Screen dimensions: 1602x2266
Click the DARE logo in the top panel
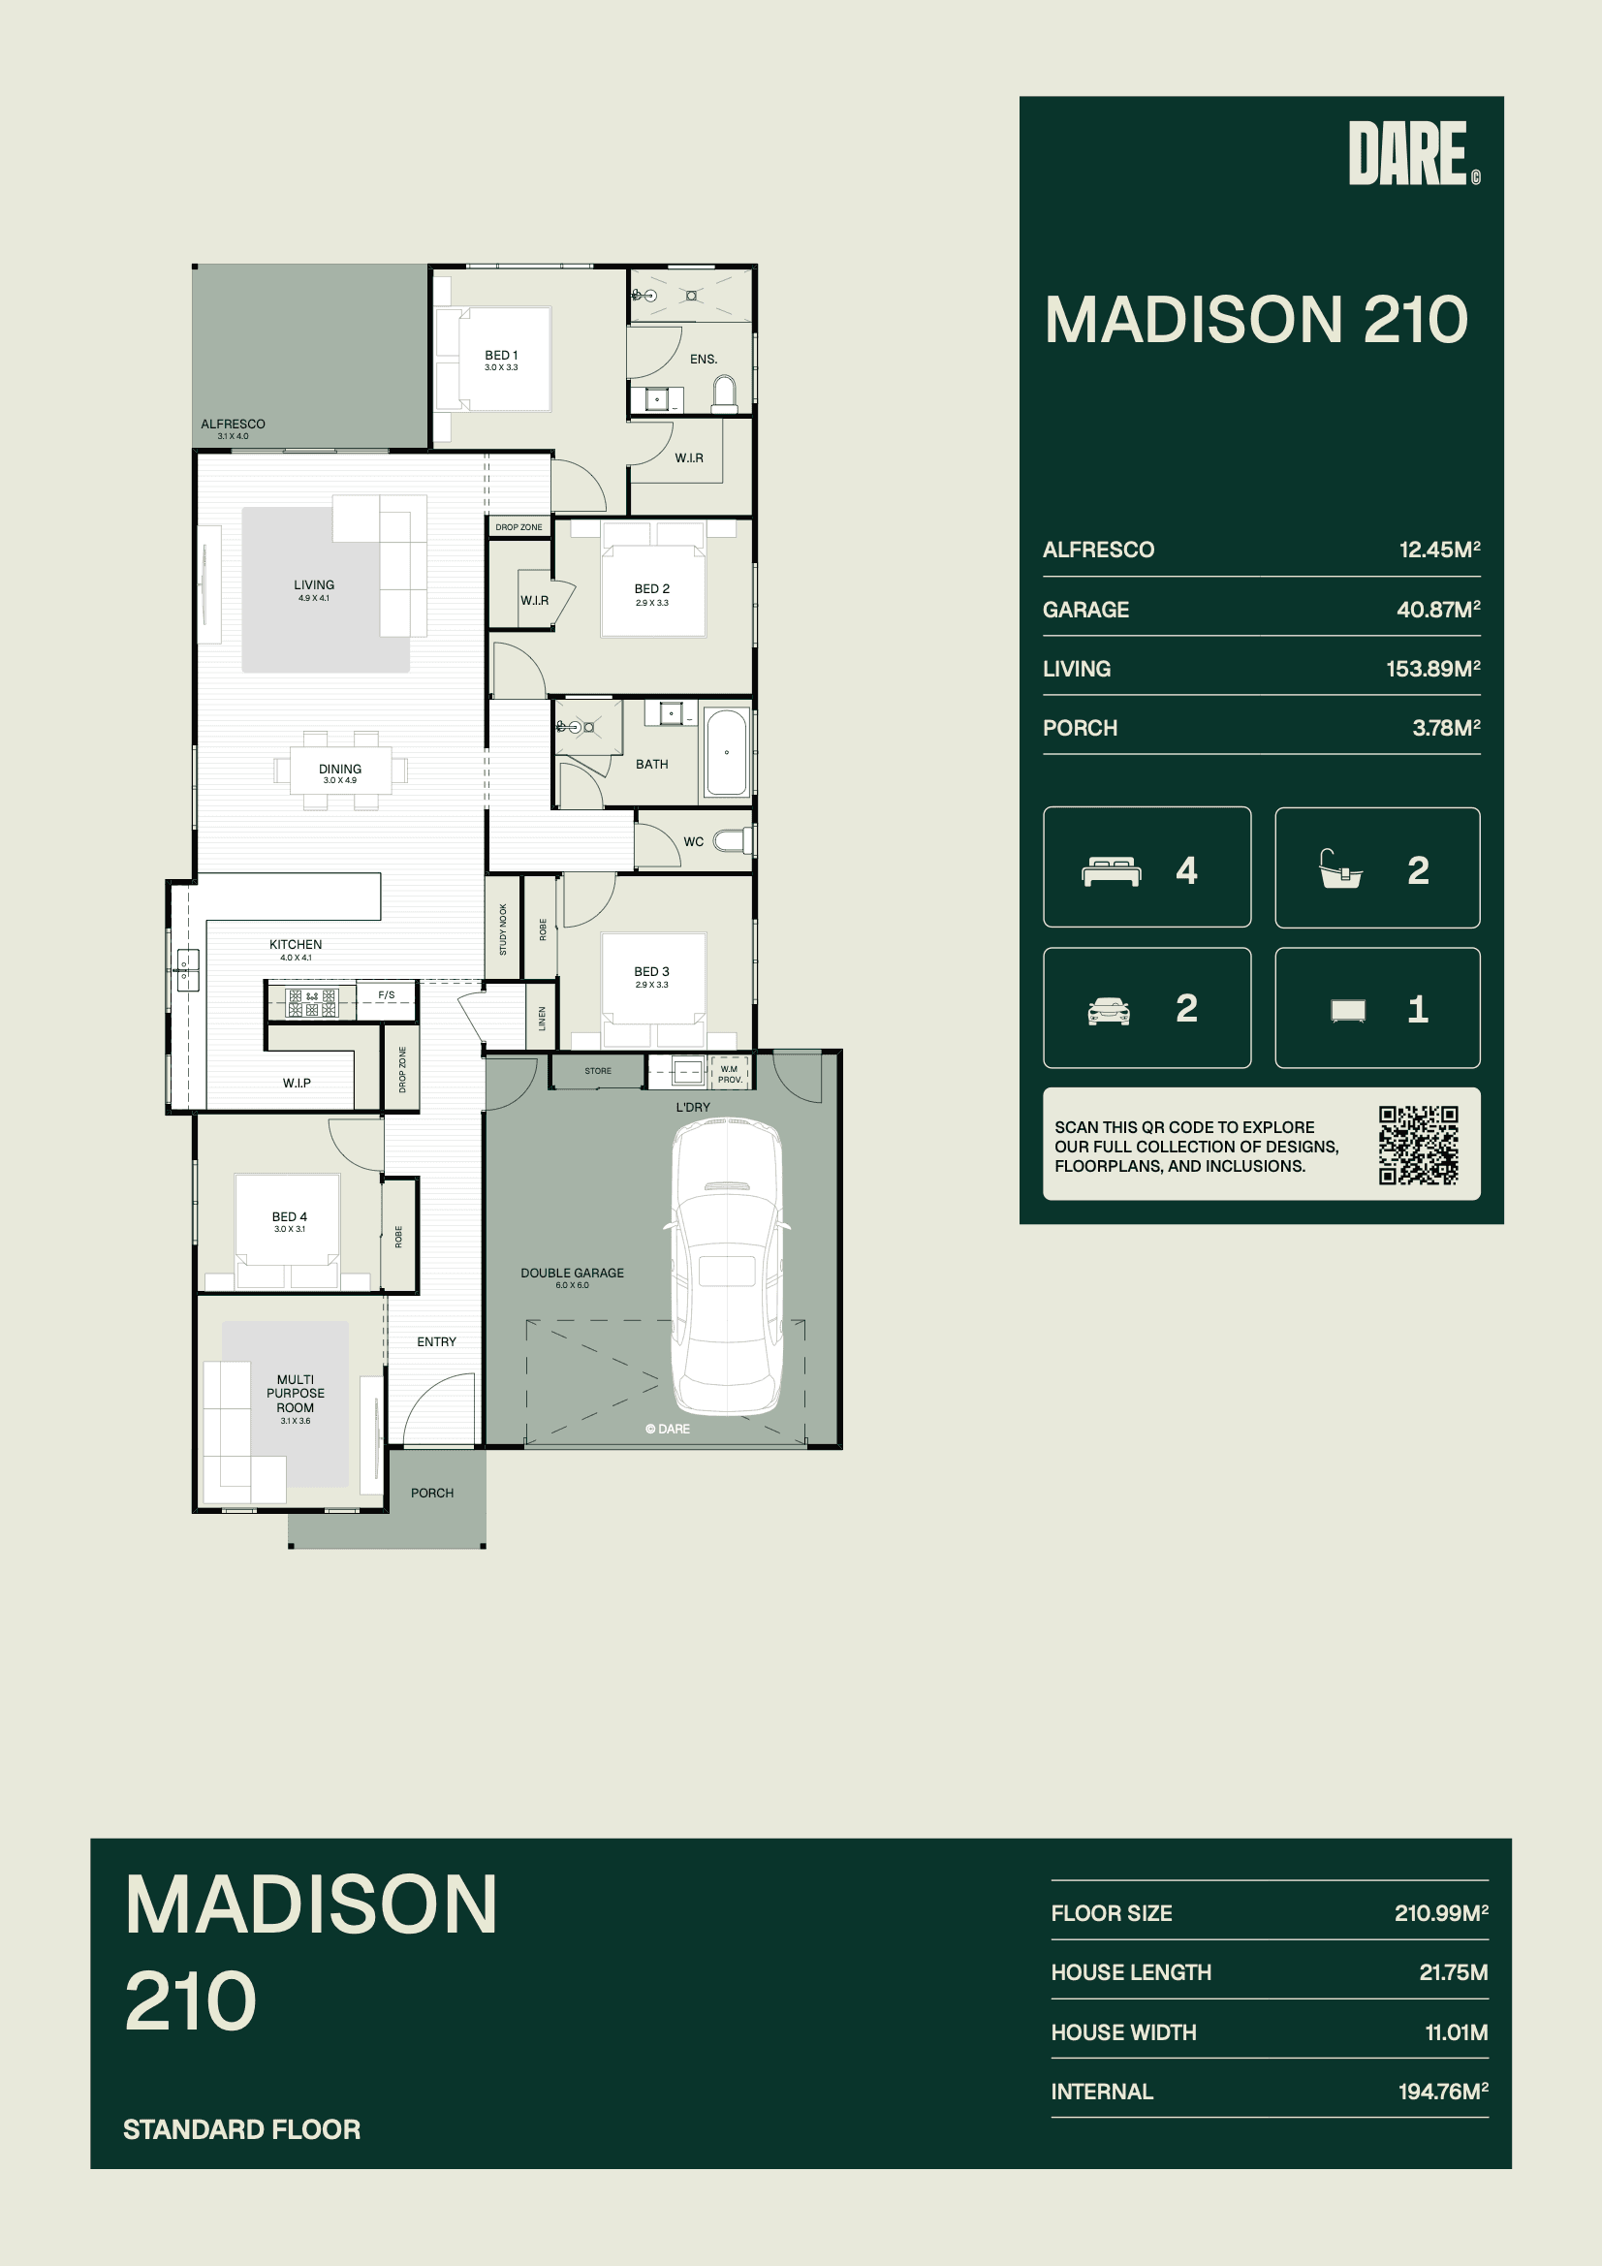(x=1413, y=153)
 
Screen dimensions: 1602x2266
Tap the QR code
(x=1419, y=1145)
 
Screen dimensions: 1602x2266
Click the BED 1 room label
(x=501, y=356)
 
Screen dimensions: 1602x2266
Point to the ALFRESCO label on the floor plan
(x=233, y=425)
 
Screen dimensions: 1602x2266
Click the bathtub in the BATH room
(x=727, y=752)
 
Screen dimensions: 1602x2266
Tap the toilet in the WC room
(x=734, y=841)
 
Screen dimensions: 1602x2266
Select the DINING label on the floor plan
(x=339, y=769)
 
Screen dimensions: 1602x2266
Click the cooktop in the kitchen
(x=312, y=1003)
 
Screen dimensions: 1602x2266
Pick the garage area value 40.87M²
(x=1438, y=609)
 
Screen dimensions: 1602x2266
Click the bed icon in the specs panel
(x=1112, y=871)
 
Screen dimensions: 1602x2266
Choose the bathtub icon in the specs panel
(x=1340, y=869)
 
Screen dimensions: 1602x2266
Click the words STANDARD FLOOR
(x=242, y=2129)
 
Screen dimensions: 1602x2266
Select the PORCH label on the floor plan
(x=432, y=1494)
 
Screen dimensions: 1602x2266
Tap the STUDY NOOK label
(x=503, y=929)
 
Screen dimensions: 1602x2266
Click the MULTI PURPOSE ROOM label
(x=296, y=1394)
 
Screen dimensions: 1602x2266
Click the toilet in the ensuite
(x=726, y=393)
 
